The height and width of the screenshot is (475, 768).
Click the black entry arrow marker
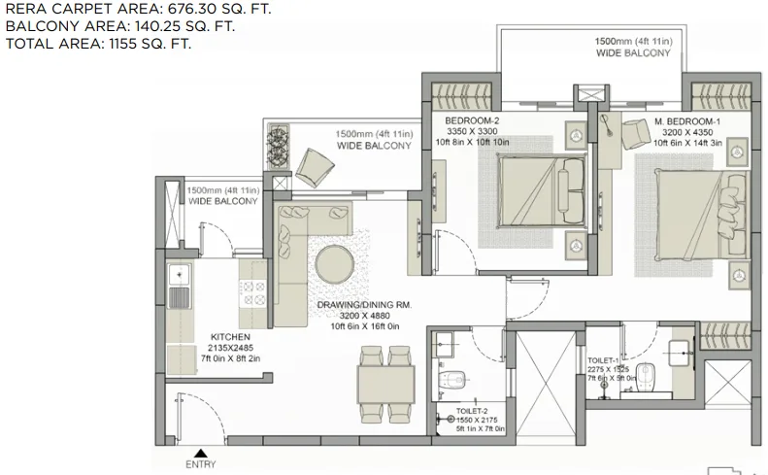(x=200, y=453)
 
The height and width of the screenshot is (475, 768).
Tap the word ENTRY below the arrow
(x=201, y=464)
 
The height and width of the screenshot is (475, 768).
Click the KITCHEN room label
(x=230, y=337)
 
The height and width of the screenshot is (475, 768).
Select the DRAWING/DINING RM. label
(x=364, y=305)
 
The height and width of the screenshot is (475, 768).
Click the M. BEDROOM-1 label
(x=687, y=121)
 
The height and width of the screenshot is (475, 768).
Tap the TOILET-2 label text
(x=472, y=411)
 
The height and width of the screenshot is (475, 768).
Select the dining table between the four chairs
(x=386, y=384)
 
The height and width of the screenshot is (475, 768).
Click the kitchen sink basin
(x=180, y=275)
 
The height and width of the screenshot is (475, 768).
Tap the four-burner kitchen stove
(x=253, y=292)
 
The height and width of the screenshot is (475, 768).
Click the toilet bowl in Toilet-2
(x=452, y=379)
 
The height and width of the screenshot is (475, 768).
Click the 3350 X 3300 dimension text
(x=472, y=131)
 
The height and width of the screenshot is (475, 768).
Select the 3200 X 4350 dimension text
(x=687, y=132)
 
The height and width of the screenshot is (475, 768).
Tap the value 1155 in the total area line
(x=122, y=44)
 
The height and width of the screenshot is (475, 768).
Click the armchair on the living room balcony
(x=315, y=167)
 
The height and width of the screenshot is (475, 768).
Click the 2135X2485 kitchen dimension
(x=230, y=348)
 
